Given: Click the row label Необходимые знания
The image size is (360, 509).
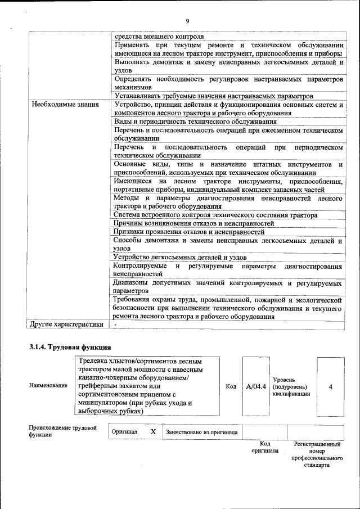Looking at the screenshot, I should pos(65,104).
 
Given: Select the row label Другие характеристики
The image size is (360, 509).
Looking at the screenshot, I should pos(66,324).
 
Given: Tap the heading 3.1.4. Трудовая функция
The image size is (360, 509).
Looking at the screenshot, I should pos(70,347).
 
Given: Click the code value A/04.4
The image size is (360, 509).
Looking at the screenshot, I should pos(256,386).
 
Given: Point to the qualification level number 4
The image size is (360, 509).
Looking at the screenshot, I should pos(330,387).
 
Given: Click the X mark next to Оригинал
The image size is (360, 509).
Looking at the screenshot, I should pos(152,431).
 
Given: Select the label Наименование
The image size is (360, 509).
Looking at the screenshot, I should pos(48,386).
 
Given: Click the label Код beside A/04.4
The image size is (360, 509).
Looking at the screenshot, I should pos(231,386).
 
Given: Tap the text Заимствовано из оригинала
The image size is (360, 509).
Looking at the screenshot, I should pos(201,432).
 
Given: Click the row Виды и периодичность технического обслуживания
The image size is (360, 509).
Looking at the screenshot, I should pos(195,121).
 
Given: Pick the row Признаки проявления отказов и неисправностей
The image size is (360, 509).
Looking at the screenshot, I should pos(188,232).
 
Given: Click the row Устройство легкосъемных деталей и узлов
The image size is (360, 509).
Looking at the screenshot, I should pos(179,257).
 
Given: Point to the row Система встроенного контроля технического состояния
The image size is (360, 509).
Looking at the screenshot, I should pos(215,215).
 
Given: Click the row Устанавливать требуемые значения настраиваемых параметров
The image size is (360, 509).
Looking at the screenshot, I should pos(209,96).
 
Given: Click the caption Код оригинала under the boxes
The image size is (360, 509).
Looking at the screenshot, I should pos(265,448).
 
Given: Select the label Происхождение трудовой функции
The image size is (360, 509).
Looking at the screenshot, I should pos(62,431).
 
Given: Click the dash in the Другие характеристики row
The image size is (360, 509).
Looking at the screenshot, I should pos(115,325).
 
